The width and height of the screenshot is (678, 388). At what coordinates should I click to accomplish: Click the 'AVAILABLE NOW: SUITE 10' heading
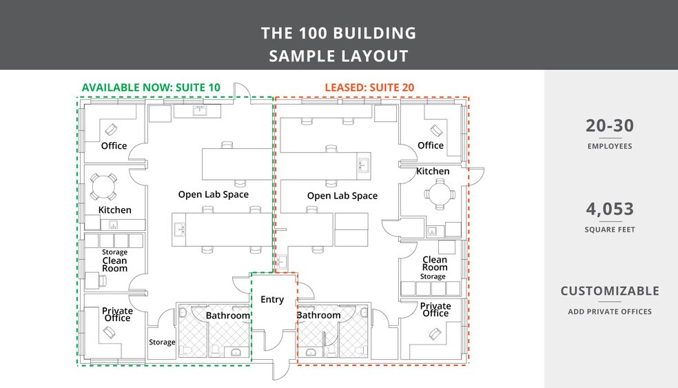[151, 88]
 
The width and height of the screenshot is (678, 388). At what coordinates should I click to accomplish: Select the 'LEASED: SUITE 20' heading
[369, 88]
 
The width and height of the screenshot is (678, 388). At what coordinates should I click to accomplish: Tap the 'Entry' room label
[272, 300]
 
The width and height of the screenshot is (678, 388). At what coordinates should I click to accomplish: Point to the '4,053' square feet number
[610, 209]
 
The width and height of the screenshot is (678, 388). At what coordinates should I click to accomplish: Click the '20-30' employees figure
[610, 126]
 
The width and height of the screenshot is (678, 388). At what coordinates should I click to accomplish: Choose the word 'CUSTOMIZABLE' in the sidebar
[610, 291]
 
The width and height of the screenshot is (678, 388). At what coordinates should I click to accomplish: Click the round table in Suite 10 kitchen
[104, 187]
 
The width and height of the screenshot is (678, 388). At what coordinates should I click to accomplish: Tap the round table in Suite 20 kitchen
[440, 194]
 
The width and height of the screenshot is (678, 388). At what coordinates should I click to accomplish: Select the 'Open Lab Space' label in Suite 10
[213, 194]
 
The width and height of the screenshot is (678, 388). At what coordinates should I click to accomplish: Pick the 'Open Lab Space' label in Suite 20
[342, 196]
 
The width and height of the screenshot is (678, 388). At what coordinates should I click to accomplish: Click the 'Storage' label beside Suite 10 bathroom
[162, 342]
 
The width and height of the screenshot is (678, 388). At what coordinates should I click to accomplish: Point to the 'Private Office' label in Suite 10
[117, 314]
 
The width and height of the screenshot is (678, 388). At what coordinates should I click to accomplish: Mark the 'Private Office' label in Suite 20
[435, 309]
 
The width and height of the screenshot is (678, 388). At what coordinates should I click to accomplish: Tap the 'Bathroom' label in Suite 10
[228, 316]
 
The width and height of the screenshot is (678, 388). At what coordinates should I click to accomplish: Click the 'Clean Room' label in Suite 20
[435, 263]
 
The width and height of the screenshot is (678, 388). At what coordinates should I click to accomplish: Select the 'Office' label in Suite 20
[431, 145]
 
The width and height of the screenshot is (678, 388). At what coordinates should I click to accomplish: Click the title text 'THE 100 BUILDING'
[338, 33]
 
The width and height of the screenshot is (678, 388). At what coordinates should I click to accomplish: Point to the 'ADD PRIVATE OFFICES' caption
[610, 312]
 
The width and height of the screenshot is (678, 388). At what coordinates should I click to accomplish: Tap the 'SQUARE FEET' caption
[610, 229]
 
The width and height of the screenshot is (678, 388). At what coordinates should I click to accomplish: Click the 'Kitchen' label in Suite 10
[114, 210]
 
